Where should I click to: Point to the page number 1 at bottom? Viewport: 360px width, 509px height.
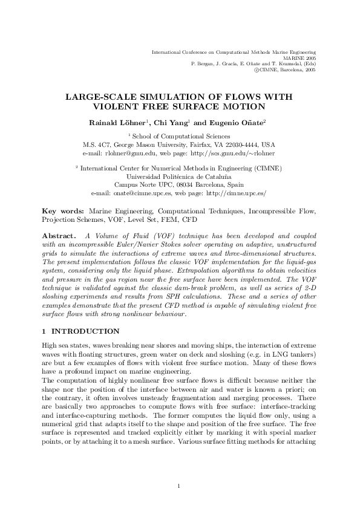point(180,469)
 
